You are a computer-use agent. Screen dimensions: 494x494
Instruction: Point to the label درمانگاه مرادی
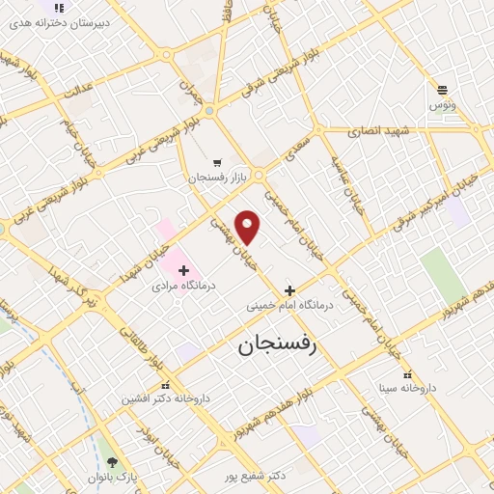tap(184, 287)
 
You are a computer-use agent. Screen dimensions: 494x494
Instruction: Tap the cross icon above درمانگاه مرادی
tap(184, 270)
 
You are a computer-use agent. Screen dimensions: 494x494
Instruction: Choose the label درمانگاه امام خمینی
tap(290, 305)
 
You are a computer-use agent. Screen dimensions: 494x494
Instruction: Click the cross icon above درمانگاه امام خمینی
tap(289, 289)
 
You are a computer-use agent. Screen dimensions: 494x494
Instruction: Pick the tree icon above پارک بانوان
tap(114, 462)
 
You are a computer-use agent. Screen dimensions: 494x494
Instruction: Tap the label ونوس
tap(443, 103)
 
